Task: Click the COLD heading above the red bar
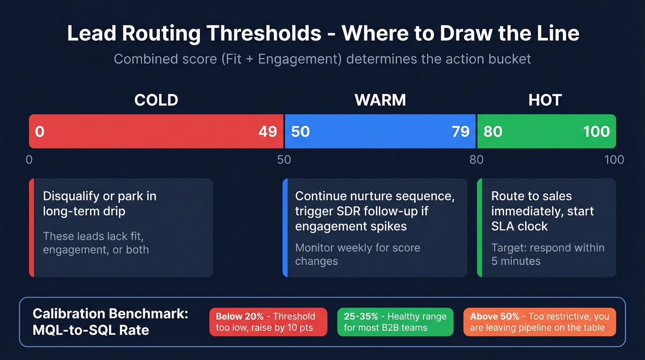tap(156, 100)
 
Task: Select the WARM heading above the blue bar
tap(380, 100)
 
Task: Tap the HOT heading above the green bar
tap(545, 100)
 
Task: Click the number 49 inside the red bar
tap(267, 132)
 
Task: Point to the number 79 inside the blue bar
tap(460, 132)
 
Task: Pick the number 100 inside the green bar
tap(596, 132)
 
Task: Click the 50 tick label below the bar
tap(284, 160)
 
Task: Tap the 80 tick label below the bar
tap(476, 160)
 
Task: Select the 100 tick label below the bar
tap(614, 160)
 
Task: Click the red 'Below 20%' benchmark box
tap(268, 322)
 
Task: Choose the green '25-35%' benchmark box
tap(395, 322)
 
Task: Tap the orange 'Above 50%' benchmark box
tap(539, 322)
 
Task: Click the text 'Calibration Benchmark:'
tap(111, 314)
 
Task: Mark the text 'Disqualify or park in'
tap(100, 196)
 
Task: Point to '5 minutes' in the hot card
tap(516, 261)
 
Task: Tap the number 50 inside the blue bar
tap(300, 132)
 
